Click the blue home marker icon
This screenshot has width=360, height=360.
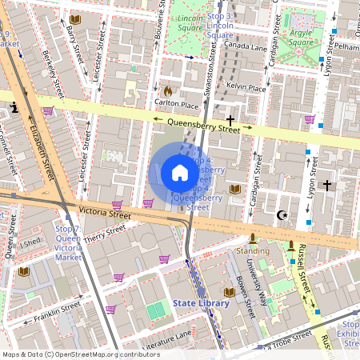pos(180,172)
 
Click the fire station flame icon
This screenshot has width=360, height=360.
pos(168,91)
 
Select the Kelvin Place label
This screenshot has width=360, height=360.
pos(246,87)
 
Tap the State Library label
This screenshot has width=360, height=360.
pos(202,303)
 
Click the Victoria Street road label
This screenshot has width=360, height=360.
pos(104,214)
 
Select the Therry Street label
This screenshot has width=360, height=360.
pos(105,233)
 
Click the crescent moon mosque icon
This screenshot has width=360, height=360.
pos(281,215)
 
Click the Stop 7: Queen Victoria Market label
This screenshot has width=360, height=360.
pos(68,243)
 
